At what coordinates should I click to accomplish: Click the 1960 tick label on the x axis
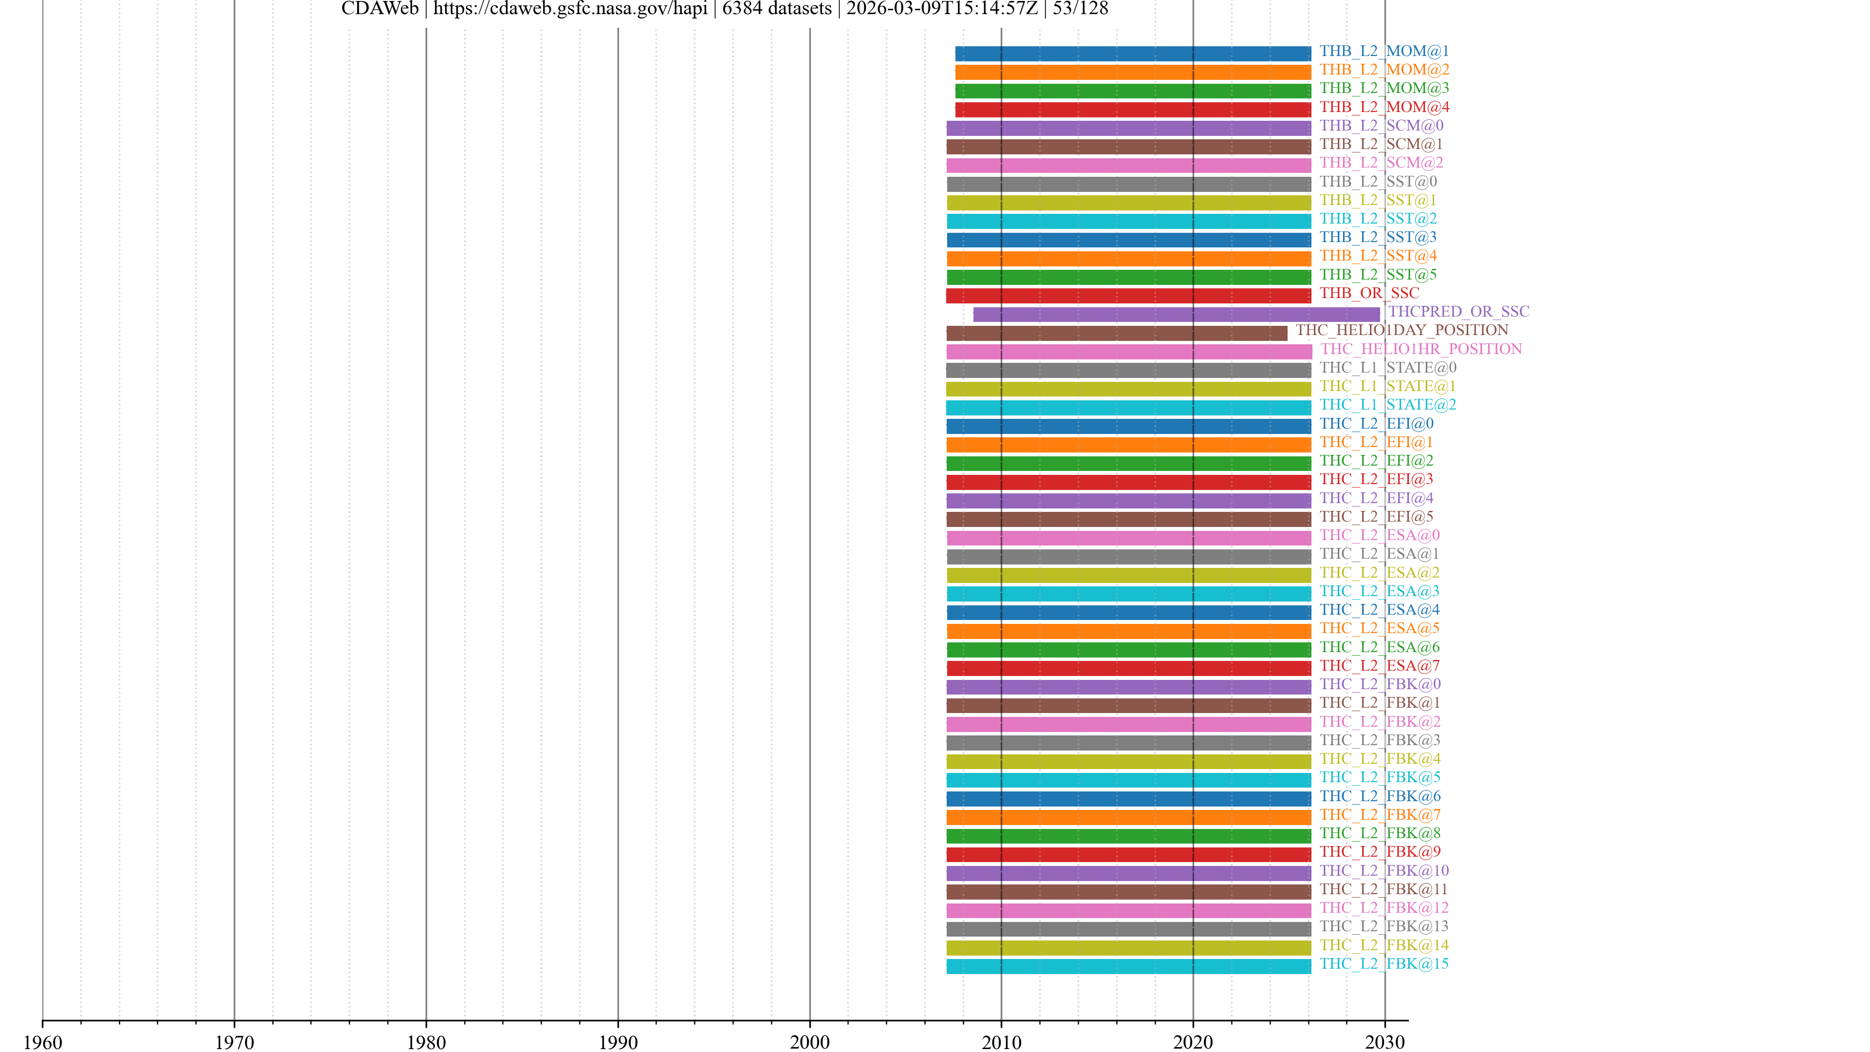point(43,1042)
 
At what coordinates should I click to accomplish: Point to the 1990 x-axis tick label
point(618,1042)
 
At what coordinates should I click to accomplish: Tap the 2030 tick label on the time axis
point(1384,1042)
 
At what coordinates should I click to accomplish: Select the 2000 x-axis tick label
point(809,1042)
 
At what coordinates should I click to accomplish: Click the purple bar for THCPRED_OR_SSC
point(1176,314)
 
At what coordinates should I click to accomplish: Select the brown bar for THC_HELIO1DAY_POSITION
point(1117,333)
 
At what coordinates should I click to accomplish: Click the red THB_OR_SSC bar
point(1128,296)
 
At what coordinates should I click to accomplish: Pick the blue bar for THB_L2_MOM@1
point(1132,54)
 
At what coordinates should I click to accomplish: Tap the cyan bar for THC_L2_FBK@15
point(1128,966)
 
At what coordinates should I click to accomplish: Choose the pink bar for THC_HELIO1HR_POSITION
point(1128,352)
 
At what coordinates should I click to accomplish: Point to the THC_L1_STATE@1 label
point(1387,386)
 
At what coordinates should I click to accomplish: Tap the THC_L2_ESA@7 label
point(1379,666)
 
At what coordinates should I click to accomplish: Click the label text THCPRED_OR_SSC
point(1459,312)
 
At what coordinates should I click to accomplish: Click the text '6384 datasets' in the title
point(777,9)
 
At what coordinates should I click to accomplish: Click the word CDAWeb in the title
point(380,9)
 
